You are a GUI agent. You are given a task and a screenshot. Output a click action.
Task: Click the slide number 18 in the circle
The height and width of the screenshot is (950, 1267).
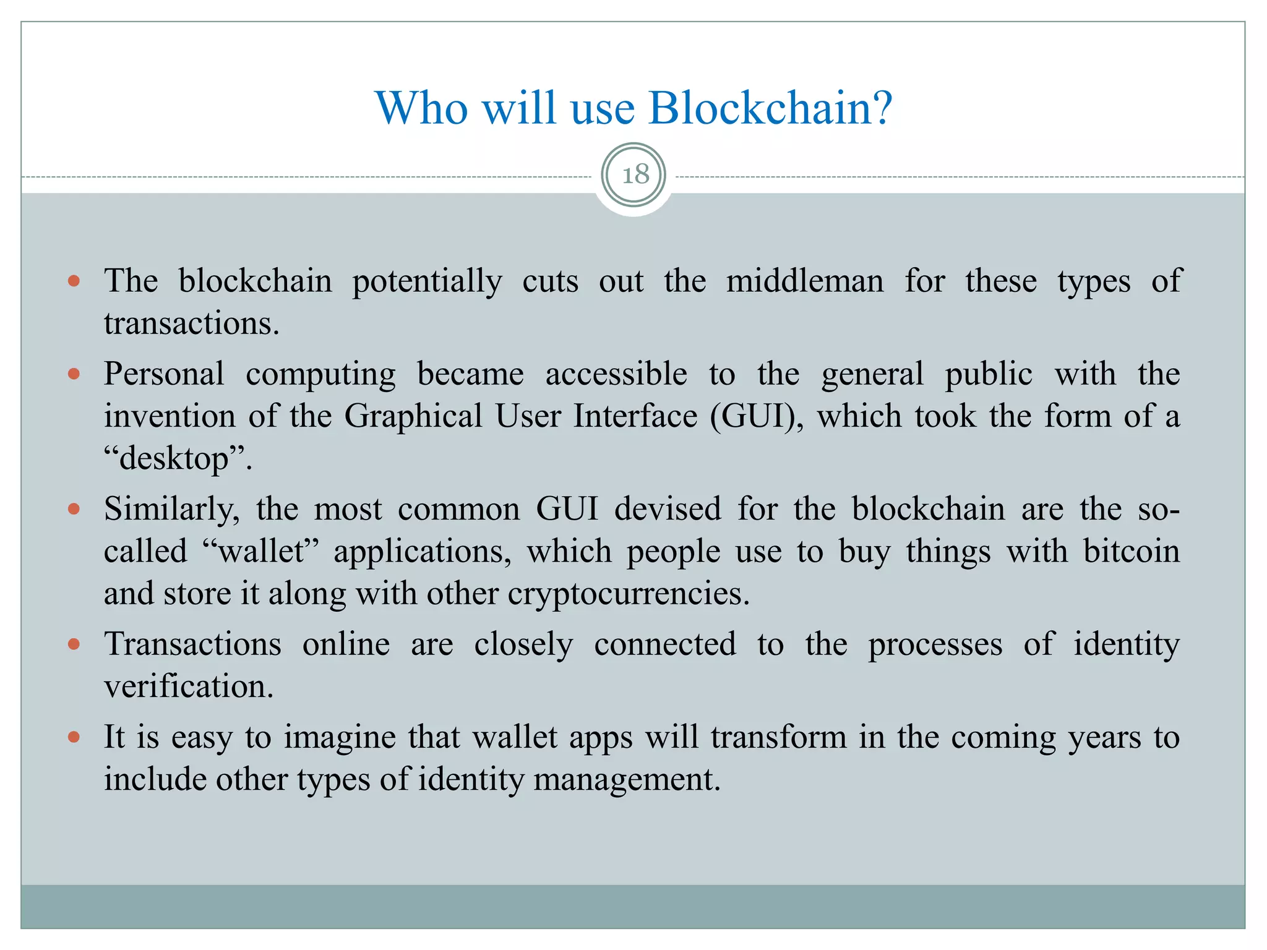pyautogui.click(x=634, y=174)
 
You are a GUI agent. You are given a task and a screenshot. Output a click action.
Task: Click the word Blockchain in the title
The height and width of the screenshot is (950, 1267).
pyautogui.click(x=770, y=108)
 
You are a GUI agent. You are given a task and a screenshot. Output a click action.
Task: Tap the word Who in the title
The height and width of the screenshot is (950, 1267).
pyautogui.click(x=422, y=108)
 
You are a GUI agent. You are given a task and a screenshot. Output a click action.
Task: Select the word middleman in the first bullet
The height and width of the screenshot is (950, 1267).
pyautogui.click(x=804, y=281)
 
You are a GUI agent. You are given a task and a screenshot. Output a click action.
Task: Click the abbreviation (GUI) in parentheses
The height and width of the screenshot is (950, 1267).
pyautogui.click(x=757, y=416)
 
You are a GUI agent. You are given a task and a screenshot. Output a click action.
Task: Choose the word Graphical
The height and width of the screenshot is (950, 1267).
pyautogui.click(x=413, y=416)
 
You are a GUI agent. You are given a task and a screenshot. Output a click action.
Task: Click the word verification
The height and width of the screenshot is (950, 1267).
pyautogui.click(x=188, y=687)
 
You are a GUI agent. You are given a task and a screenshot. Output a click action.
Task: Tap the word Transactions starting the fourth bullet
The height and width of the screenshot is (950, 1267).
pyautogui.click(x=192, y=644)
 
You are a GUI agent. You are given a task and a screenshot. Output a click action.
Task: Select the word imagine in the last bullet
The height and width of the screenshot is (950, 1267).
pyautogui.click(x=339, y=737)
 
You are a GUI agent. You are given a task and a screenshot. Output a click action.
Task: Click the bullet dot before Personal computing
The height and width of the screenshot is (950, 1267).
pyautogui.click(x=74, y=374)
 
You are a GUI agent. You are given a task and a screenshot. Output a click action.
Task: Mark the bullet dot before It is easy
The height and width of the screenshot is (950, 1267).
pyautogui.click(x=74, y=737)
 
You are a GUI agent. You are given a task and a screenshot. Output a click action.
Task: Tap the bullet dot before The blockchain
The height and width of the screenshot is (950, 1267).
pyautogui.click(x=74, y=281)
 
